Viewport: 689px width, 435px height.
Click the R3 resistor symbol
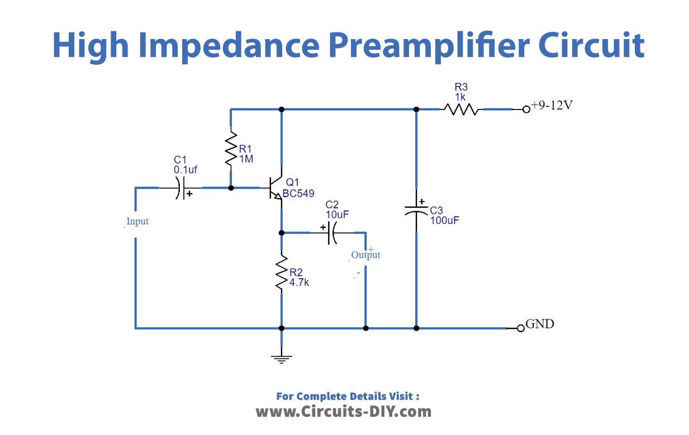coord(461,109)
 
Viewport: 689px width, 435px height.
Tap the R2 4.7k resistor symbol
coord(282,273)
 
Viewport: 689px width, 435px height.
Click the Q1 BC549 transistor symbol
coord(275,188)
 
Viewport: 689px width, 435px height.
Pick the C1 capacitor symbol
coord(181,188)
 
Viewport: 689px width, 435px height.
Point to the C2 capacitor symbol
coord(331,232)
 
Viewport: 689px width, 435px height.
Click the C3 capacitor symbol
coord(416,210)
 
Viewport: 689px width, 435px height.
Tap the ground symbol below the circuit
coord(282,357)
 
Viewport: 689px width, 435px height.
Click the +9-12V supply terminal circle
coord(526,109)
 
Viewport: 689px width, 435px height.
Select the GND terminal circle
coord(521,328)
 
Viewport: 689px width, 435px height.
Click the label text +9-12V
coord(552,106)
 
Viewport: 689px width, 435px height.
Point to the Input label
coord(137,222)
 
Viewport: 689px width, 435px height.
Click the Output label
coord(365,255)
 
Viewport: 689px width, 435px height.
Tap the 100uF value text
coord(445,220)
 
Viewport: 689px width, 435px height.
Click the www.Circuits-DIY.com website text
coord(344,412)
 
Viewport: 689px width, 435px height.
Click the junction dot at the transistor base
coord(231,188)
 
